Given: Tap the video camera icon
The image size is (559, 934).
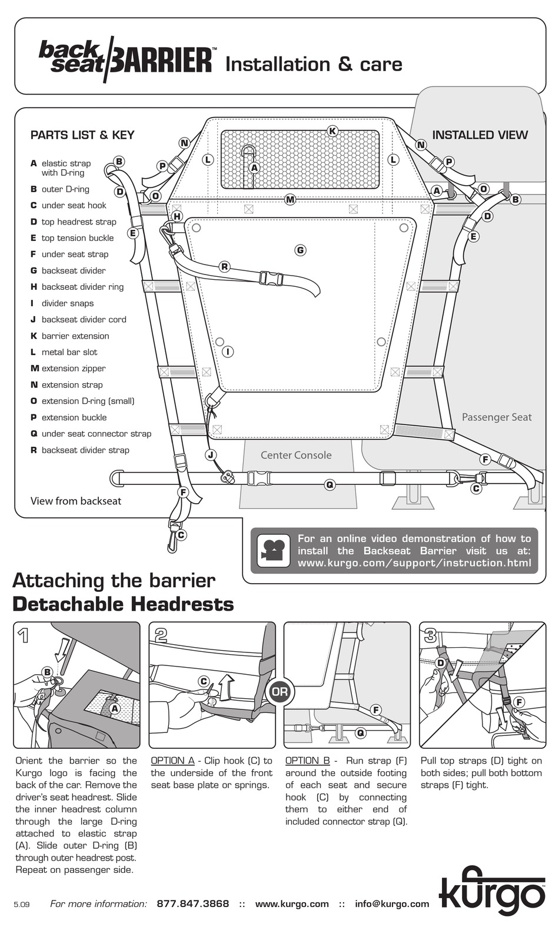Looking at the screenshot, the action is pyautogui.click(x=274, y=550).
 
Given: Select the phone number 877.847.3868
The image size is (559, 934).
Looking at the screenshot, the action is pyautogui.click(x=193, y=903).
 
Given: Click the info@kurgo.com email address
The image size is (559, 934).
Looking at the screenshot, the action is pyautogui.click(x=392, y=903).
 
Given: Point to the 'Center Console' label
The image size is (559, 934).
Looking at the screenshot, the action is pyautogui.click(x=296, y=455).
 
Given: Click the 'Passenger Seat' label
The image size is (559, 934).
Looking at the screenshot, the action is pyautogui.click(x=497, y=417).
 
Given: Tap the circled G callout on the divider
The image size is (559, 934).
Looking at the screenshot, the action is pyautogui.click(x=300, y=250).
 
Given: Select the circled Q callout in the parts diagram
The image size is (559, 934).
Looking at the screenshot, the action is pyautogui.click(x=330, y=484).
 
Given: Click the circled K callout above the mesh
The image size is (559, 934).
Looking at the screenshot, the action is pyautogui.click(x=332, y=131).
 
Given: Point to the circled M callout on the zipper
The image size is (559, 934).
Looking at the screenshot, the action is pyautogui.click(x=290, y=199).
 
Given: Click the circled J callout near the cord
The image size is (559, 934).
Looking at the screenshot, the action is pyautogui.click(x=211, y=455).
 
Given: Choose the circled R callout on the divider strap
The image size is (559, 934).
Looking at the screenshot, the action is pyautogui.click(x=225, y=266).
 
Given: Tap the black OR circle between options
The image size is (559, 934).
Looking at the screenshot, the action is pyautogui.click(x=279, y=692).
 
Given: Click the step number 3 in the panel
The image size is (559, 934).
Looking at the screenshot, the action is pyautogui.click(x=430, y=636).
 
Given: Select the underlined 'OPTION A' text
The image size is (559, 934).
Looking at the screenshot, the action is pyautogui.click(x=173, y=761).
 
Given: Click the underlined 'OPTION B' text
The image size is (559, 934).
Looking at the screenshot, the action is pyautogui.click(x=308, y=761).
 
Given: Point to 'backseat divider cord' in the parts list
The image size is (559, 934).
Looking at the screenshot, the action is pyautogui.click(x=84, y=319).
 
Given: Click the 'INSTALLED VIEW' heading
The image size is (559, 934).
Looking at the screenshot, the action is pyautogui.click(x=480, y=135).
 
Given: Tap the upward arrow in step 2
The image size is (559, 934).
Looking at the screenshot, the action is pyautogui.click(x=227, y=687).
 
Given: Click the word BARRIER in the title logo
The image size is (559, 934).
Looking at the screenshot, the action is pyautogui.click(x=162, y=61).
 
